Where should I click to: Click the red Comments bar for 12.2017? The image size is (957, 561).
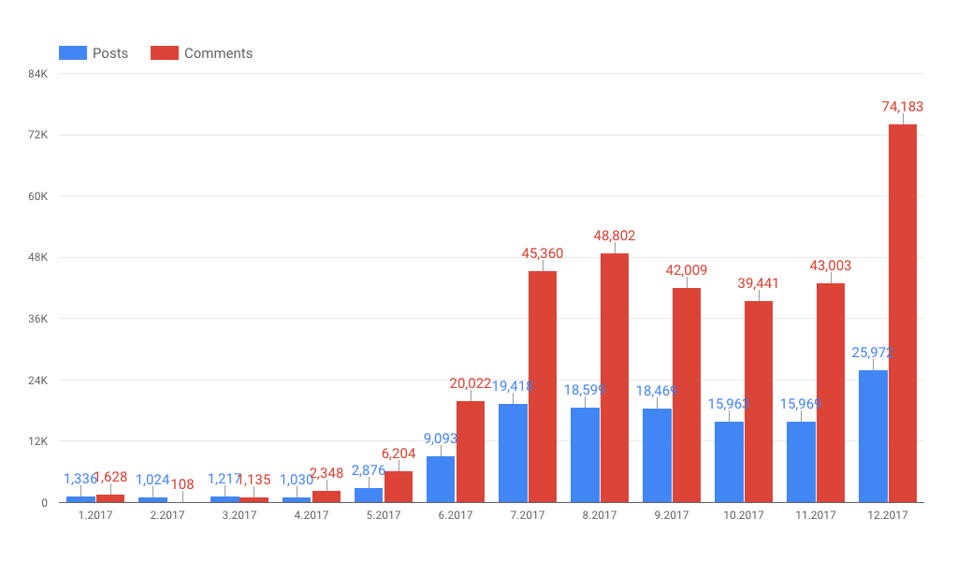click(x=902, y=313)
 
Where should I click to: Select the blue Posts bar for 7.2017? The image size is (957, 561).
click(x=513, y=453)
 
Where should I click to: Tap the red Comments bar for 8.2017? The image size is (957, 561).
click(x=614, y=378)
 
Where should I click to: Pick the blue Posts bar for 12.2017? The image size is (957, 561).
click(x=873, y=437)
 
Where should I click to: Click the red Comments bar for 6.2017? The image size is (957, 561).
click(x=470, y=452)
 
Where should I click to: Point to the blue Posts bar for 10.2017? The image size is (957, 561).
click(x=729, y=462)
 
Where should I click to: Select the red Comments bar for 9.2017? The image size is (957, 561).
click(x=686, y=395)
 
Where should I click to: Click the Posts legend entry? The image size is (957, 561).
click(x=94, y=53)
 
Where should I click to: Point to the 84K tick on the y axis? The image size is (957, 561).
click(x=38, y=74)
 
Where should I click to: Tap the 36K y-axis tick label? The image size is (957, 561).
click(x=38, y=319)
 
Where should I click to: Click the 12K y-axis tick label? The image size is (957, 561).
click(x=38, y=441)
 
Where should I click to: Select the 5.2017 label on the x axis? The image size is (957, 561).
click(x=384, y=515)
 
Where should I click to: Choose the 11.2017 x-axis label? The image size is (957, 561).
click(x=816, y=515)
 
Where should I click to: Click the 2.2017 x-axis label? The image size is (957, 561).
click(x=167, y=515)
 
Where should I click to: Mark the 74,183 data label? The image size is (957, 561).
click(x=903, y=108)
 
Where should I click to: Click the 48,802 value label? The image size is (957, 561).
click(x=615, y=237)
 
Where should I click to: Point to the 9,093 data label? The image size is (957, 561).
click(x=441, y=438)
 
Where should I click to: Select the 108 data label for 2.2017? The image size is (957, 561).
click(x=182, y=484)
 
